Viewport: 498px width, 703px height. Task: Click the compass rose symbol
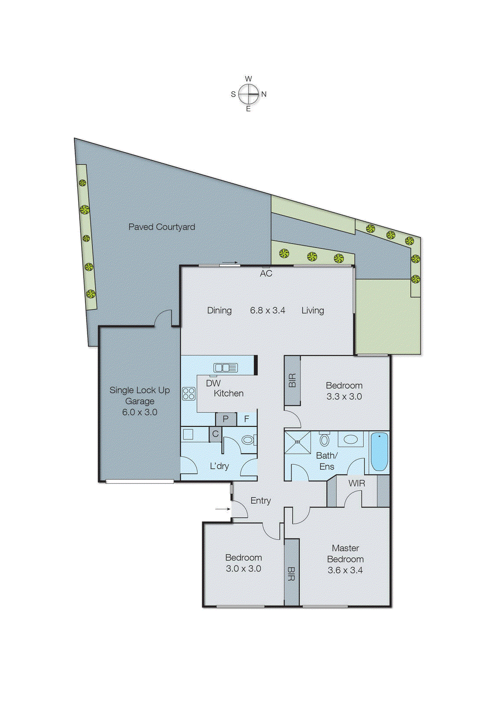click(249, 94)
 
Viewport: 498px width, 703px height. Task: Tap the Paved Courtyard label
click(161, 227)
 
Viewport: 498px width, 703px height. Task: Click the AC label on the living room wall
click(266, 273)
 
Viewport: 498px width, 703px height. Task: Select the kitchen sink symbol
click(225, 368)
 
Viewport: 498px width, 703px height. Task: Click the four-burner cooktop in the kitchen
click(189, 393)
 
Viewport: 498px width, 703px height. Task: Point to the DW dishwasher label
click(213, 383)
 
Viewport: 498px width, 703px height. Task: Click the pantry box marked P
click(225, 419)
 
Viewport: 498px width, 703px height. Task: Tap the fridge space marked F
click(247, 419)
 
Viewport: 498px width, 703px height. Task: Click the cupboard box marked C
click(215, 434)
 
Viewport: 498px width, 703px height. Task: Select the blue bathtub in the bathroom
click(379, 451)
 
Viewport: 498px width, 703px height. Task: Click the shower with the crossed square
click(298, 442)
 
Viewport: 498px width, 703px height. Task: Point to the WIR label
click(356, 483)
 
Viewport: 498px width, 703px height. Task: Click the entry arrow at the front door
click(223, 509)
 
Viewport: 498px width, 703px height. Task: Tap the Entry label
click(261, 500)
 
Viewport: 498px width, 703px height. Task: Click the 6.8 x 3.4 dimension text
click(267, 310)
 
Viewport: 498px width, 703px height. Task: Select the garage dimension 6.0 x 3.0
click(139, 412)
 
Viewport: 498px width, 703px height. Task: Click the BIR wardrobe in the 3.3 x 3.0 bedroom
click(292, 380)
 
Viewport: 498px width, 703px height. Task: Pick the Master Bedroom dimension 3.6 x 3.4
click(345, 570)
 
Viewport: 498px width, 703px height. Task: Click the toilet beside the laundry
click(247, 439)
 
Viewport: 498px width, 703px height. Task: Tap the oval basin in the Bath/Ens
click(350, 439)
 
